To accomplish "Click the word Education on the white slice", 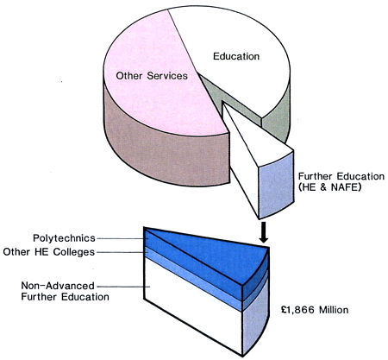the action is (x=236, y=56).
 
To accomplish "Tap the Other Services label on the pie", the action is (x=152, y=76).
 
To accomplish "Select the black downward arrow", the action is (x=263, y=232).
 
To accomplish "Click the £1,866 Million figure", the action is (x=315, y=310).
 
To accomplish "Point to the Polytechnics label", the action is (x=64, y=238).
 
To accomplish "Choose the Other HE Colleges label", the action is (x=49, y=252).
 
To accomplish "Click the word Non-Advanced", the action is (x=58, y=286).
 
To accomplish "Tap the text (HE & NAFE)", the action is (x=329, y=187).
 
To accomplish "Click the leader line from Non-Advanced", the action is (x=123, y=287).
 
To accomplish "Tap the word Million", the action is (x=332, y=310).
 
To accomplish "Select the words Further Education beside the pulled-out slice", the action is (x=341, y=176).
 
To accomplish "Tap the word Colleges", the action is (x=74, y=252).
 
